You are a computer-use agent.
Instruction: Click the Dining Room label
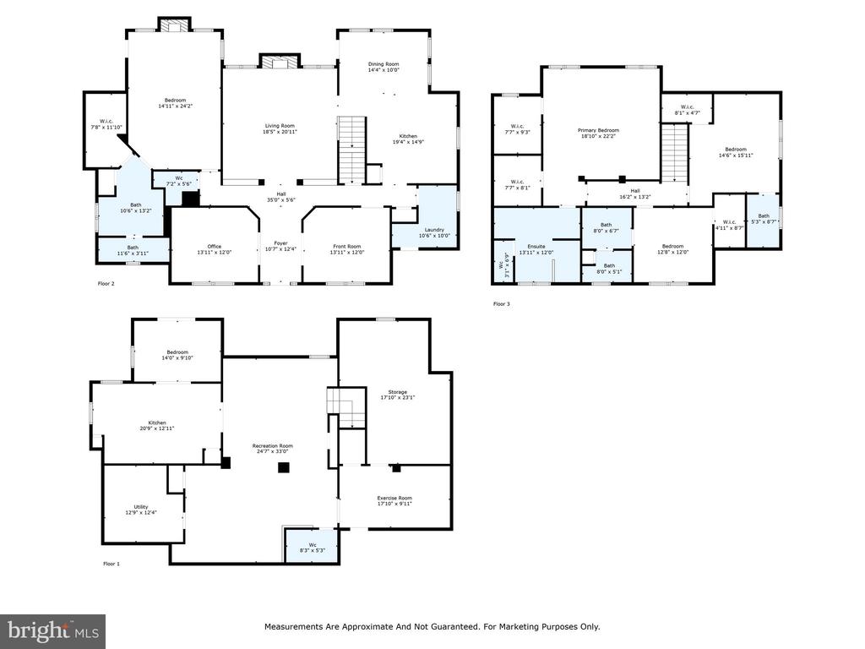[384, 64]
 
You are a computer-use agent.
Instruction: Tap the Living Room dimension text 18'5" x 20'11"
[280, 132]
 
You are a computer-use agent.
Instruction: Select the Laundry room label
[435, 230]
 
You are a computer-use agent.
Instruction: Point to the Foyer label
[280, 243]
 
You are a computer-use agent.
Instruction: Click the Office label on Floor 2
[215, 247]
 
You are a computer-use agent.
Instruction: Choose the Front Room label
[347, 247]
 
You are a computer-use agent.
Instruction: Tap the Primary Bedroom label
[599, 130]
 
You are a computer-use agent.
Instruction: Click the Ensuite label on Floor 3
[536, 247]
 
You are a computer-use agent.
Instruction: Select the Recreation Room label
[273, 446]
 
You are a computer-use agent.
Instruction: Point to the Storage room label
[397, 392]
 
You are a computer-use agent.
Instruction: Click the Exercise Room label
[394, 498]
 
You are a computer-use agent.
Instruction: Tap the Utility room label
[141, 507]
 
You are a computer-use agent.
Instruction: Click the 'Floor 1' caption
[112, 564]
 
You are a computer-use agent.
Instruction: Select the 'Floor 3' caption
[502, 303]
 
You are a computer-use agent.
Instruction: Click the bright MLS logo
[53, 631]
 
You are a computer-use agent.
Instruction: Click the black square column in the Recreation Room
[284, 467]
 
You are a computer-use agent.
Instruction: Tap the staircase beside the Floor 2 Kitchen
[352, 150]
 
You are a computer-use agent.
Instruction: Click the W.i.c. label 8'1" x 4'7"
[688, 110]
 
